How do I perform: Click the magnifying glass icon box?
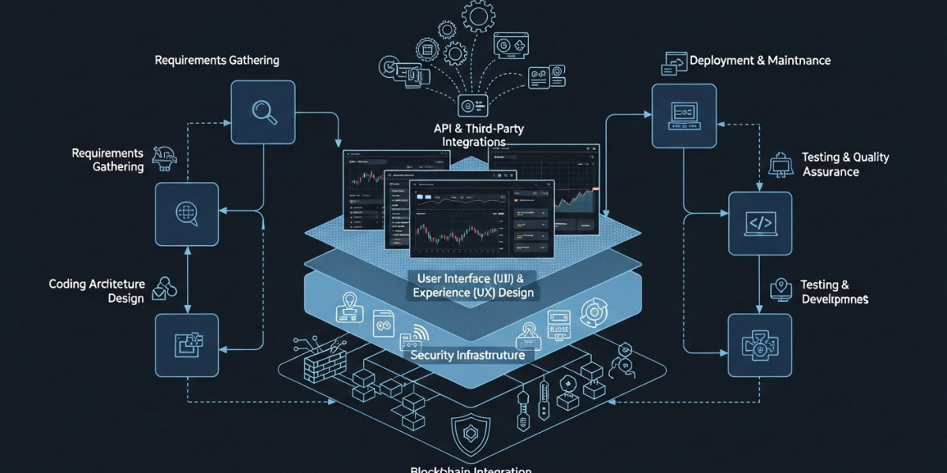point(263,113)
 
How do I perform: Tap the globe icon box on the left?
point(186,214)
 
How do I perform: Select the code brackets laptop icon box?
point(758,223)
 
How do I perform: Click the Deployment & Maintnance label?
point(759,61)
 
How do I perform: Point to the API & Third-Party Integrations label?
point(469,134)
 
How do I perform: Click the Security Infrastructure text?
point(468,356)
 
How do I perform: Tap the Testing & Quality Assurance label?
point(844,164)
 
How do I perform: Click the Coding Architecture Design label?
point(96,291)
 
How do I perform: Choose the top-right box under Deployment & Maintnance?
point(683,116)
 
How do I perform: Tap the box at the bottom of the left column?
point(186,345)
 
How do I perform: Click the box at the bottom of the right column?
point(758,345)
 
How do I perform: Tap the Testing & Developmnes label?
point(835,292)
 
